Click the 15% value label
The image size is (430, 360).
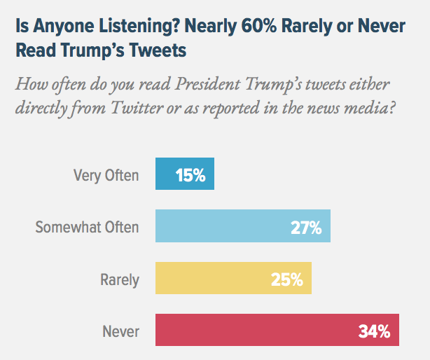point(190,175)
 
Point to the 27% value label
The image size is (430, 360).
point(306,227)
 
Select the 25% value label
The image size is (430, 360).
point(287,279)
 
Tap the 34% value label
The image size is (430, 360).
point(374,331)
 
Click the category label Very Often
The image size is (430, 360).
point(106,175)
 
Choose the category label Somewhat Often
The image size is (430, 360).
point(88,227)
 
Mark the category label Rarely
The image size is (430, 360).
point(120,279)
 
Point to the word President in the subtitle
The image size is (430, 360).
point(210,86)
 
